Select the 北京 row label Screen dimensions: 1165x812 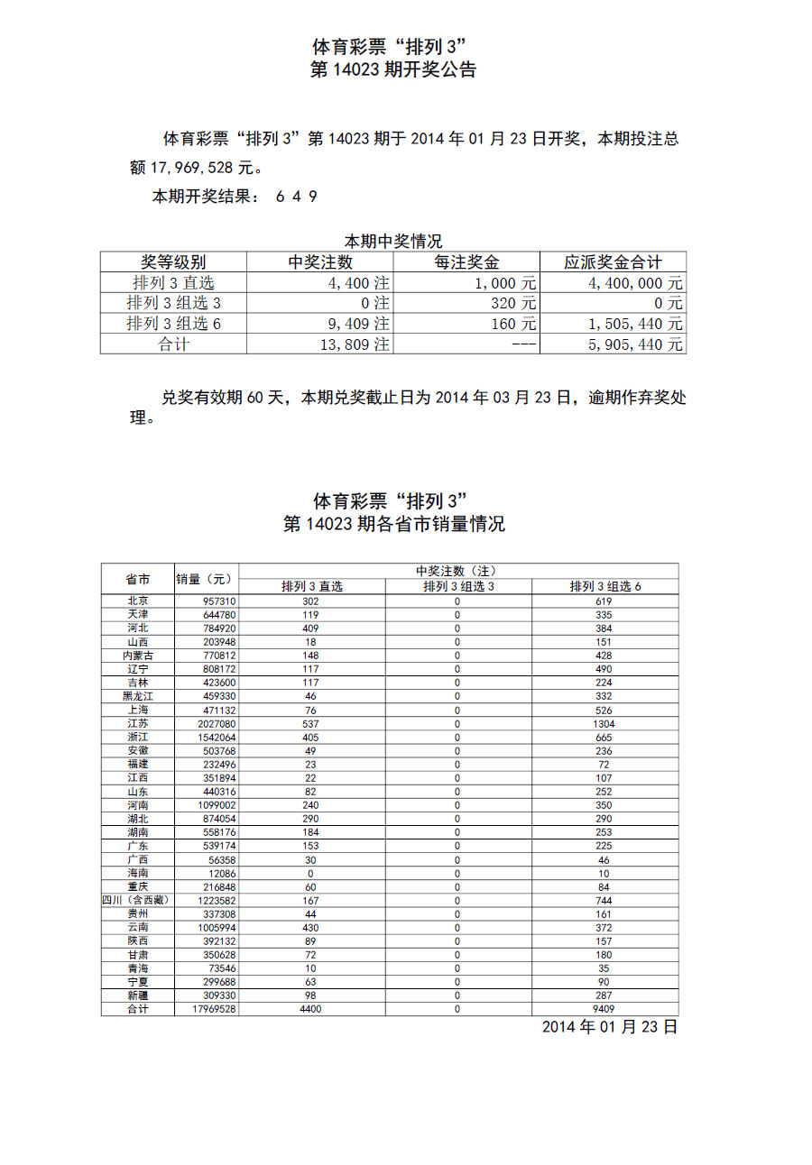click(x=138, y=601)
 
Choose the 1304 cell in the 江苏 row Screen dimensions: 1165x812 click(x=604, y=723)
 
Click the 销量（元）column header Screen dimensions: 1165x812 click(x=205, y=579)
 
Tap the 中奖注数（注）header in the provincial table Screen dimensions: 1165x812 click(x=457, y=572)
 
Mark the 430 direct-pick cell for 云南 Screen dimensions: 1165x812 click(x=311, y=927)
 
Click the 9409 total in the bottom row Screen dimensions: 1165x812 click(x=604, y=1009)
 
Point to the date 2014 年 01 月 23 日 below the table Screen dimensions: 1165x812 click(x=609, y=1027)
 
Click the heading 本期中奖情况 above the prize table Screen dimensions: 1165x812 click(x=393, y=241)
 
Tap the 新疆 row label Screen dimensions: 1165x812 click(x=138, y=995)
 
